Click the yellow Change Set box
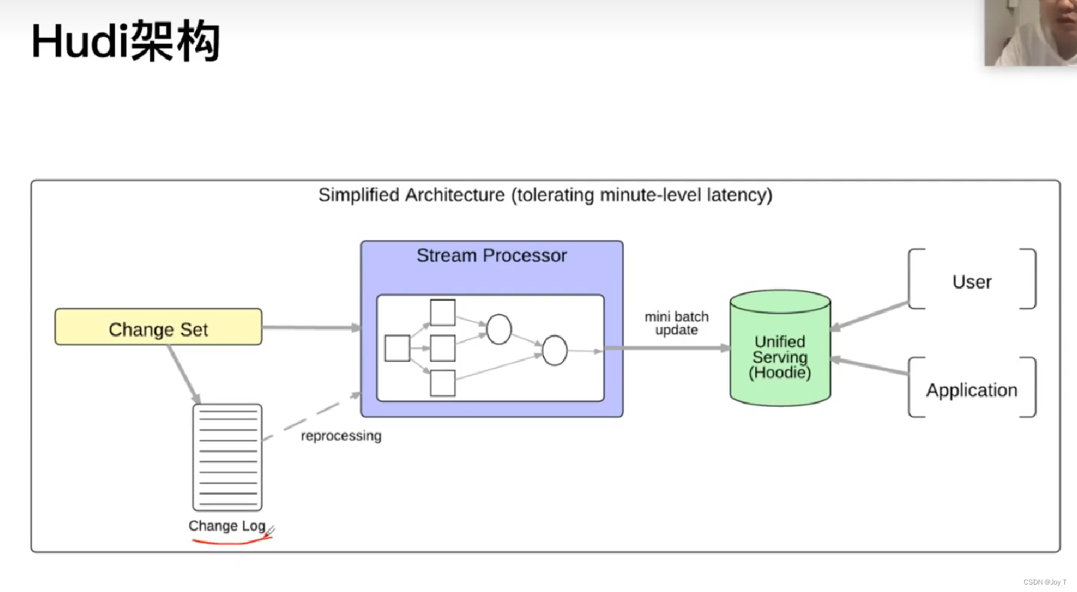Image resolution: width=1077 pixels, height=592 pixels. (x=158, y=328)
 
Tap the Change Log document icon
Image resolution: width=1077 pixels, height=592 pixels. (x=228, y=457)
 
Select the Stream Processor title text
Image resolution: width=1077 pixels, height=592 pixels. (x=492, y=255)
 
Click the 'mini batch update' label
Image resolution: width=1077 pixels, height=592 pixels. (x=677, y=323)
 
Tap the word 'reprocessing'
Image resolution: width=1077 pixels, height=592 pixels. (x=341, y=436)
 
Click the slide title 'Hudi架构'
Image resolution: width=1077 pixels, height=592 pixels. (x=126, y=42)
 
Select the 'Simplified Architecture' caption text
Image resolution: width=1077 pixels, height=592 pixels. (x=545, y=195)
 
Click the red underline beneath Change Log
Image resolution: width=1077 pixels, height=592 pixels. (x=230, y=541)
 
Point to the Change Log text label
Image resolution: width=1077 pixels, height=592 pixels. (x=226, y=526)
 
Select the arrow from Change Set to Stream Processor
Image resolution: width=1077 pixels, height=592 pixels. (x=311, y=328)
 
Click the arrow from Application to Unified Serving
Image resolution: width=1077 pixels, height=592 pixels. (x=870, y=366)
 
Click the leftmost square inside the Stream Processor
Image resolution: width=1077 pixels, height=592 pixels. (x=397, y=348)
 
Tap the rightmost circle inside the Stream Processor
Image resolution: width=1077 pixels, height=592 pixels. (x=554, y=351)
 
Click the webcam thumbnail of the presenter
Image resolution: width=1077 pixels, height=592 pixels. (x=1030, y=32)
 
